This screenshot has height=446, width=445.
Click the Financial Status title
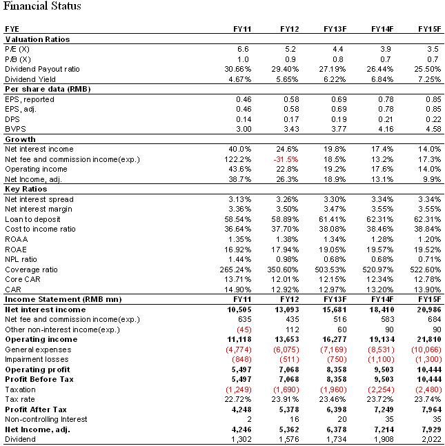(42, 7)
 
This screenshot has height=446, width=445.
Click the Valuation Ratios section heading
(37, 39)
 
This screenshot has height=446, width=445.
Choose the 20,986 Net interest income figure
(426, 310)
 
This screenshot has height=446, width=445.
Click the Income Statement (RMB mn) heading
(63, 299)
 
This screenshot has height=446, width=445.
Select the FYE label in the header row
(12, 29)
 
